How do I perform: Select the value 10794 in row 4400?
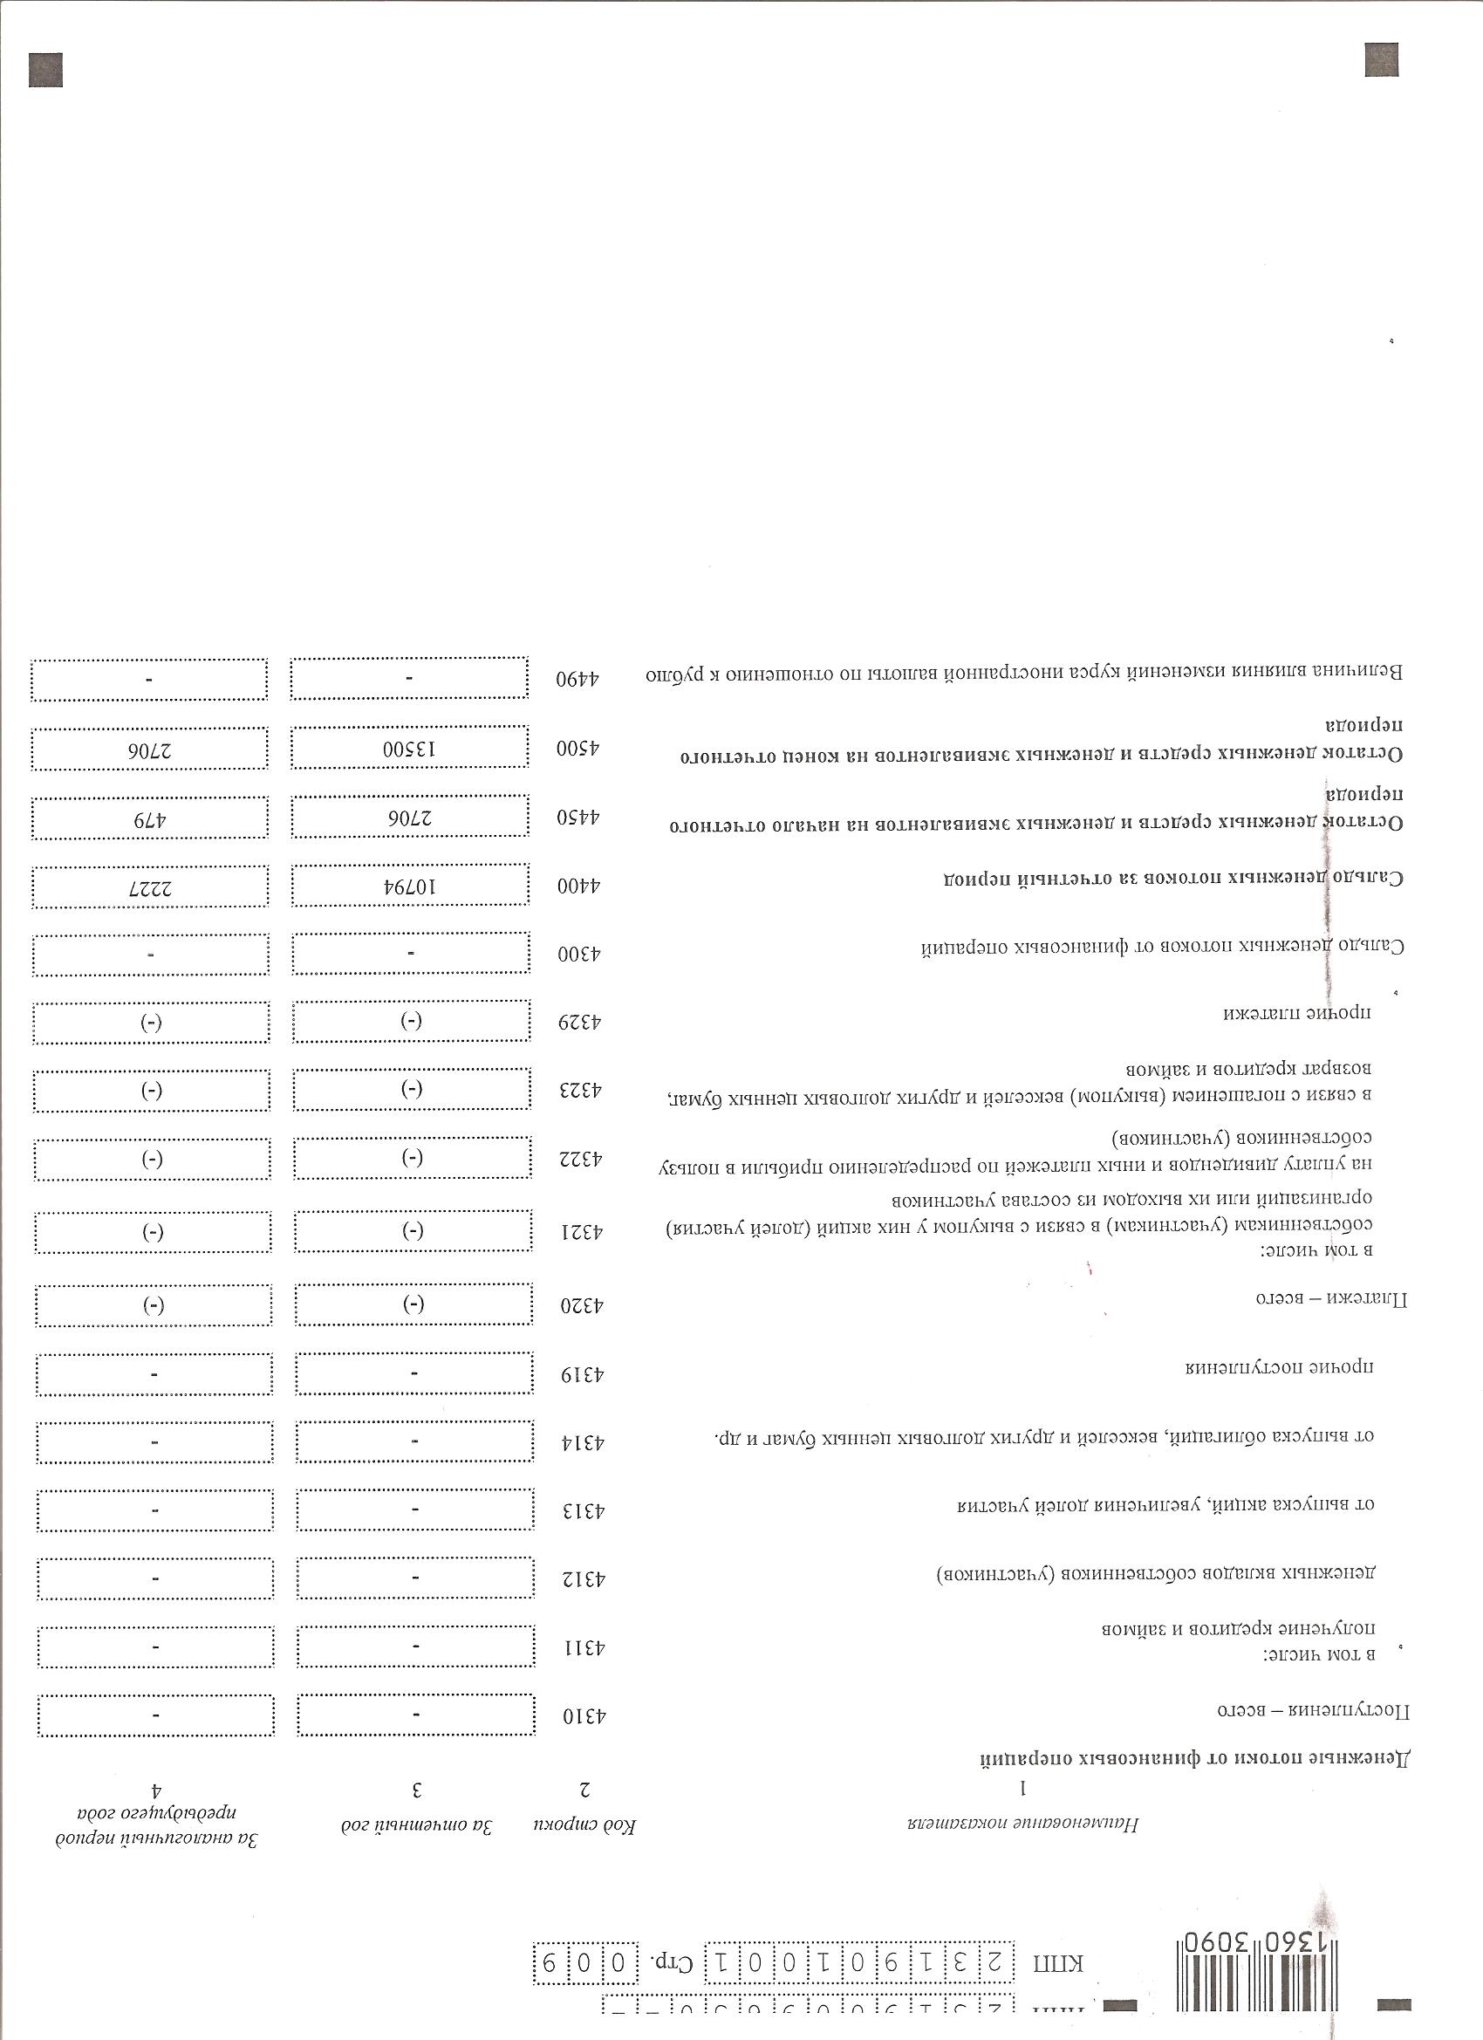pyautogui.click(x=409, y=886)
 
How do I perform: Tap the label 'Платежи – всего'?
pyautogui.click(x=1332, y=1298)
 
